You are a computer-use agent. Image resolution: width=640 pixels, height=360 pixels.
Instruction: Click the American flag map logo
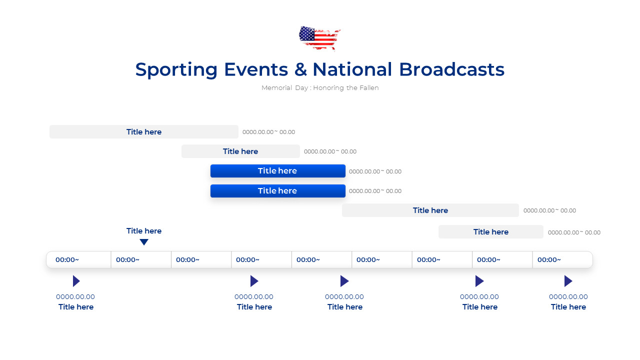click(x=319, y=37)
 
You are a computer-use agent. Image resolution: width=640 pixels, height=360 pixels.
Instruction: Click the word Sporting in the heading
click(x=176, y=69)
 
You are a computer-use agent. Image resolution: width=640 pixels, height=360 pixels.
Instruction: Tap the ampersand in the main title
click(x=300, y=69)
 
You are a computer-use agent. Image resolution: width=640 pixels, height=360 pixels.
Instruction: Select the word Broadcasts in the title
click(x=451, y=69)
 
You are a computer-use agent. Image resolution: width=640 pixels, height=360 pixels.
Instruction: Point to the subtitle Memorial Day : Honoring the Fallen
click(x=320, y=88)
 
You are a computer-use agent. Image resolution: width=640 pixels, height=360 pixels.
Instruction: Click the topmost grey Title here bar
click(x=143, y=132)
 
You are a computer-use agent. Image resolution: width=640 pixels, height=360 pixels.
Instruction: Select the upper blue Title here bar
click(x=277, y=171)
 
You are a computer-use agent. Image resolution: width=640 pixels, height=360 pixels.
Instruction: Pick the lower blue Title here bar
click(x=277, y=191)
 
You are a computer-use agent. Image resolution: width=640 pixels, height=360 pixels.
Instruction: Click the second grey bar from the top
click(x=240, y=151)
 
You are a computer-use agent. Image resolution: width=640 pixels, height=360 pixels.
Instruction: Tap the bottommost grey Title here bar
click(x=490, y=232)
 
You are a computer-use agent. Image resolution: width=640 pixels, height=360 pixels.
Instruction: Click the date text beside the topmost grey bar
click(x=268, y=132)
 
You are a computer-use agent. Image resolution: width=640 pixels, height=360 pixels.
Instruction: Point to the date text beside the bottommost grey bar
click(x=574, y=232)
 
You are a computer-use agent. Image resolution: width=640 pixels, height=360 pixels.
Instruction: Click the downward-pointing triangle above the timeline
click(x=144, y=242)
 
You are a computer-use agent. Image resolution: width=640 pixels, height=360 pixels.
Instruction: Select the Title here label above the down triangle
click(x=144, y=231)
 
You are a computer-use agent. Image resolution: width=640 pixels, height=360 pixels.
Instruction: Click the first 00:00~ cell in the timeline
click(x=67, y=260)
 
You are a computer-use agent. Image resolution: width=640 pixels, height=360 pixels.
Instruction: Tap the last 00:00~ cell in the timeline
click(x=549, y=260)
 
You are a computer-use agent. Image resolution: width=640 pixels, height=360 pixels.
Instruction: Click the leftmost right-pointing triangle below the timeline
click(x=76, y=281)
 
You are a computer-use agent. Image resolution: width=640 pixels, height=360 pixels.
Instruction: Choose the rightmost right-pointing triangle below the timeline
click(x=568, y=281)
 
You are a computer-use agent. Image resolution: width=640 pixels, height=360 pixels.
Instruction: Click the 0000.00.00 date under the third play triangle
click(x=344, y=297)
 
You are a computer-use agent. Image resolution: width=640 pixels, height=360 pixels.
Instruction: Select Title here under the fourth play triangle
click(x=480, y=307)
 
